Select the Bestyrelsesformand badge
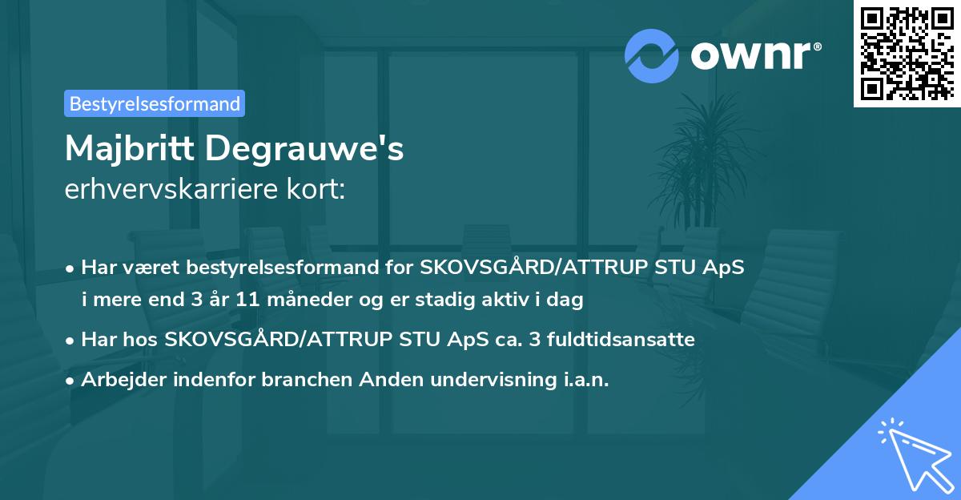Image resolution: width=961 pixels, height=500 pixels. pos(155,103)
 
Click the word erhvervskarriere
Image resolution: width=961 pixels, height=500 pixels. pos(174,190)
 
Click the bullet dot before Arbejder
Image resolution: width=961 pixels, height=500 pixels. pos(70,380)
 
